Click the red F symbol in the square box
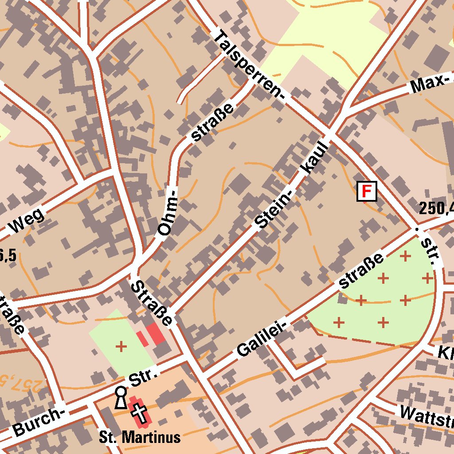tap(367, 192)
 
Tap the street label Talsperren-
tap(250, 66)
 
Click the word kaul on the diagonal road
tap(315, 158)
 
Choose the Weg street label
tap(27, 220)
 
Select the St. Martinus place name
tap(140, 438)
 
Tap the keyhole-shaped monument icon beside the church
tap(120, 397)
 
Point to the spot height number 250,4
tap(437, 207)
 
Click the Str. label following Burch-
tap(143, 375)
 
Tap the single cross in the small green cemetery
tap(121, 346)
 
